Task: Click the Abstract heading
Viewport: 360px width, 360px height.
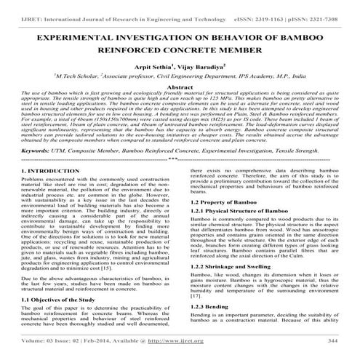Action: point(180,85)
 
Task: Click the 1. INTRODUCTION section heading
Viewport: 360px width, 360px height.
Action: point(34,191)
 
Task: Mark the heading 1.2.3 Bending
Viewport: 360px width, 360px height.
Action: point(208,327)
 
